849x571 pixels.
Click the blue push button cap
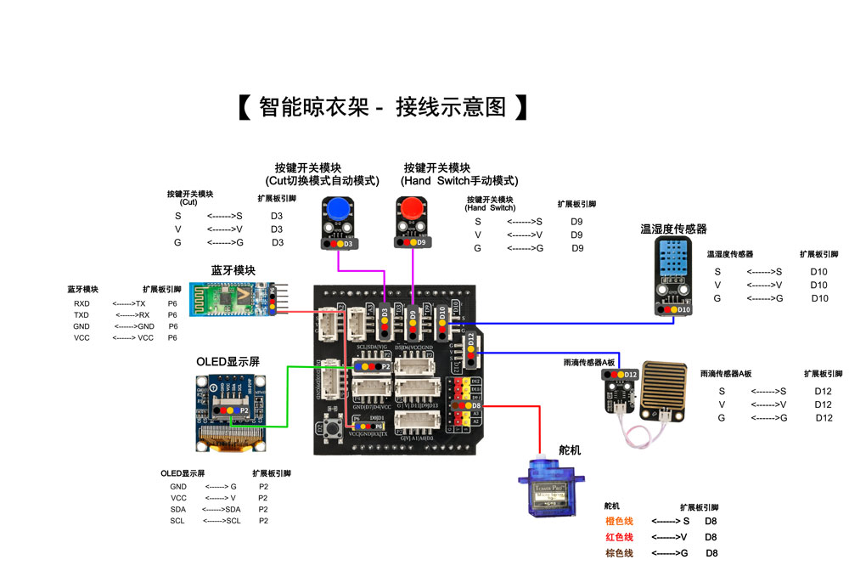(x=339, y=210)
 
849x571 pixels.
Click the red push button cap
(x=412, y=209)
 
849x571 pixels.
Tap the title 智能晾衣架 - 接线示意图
(x=382, y=107)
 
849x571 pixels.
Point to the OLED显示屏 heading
(x=228, y=362)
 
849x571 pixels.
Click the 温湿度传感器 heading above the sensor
(x=673, y=229)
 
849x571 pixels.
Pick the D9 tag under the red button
(x=421, y=243)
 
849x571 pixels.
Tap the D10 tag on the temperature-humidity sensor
(x=684, y=310)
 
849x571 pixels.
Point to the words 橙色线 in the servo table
(x=619, y=521)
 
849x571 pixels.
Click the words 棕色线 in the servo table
(x=619, y=553)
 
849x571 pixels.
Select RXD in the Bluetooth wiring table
(x=82, y=303)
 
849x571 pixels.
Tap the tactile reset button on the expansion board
(x=332, y=428)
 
